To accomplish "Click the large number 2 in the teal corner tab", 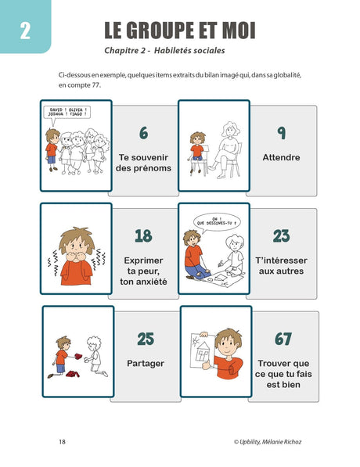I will (x=25, y=32).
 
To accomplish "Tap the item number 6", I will (x=143, y=133).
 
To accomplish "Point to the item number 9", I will (x=281, y=133).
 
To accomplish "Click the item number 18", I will (x=143, y=235).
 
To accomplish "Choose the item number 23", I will (x=282, y=235).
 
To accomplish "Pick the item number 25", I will (x=146, y=339).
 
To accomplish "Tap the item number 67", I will (x=283, y=339).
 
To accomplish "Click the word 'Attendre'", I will (x=282, y=157).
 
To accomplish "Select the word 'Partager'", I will (x=146, y=363).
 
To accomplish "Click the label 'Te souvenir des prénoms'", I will (x=143, y=162).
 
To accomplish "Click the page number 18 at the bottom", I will (x=62, y=440).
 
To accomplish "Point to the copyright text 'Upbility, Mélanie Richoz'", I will (x=273, y=441).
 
